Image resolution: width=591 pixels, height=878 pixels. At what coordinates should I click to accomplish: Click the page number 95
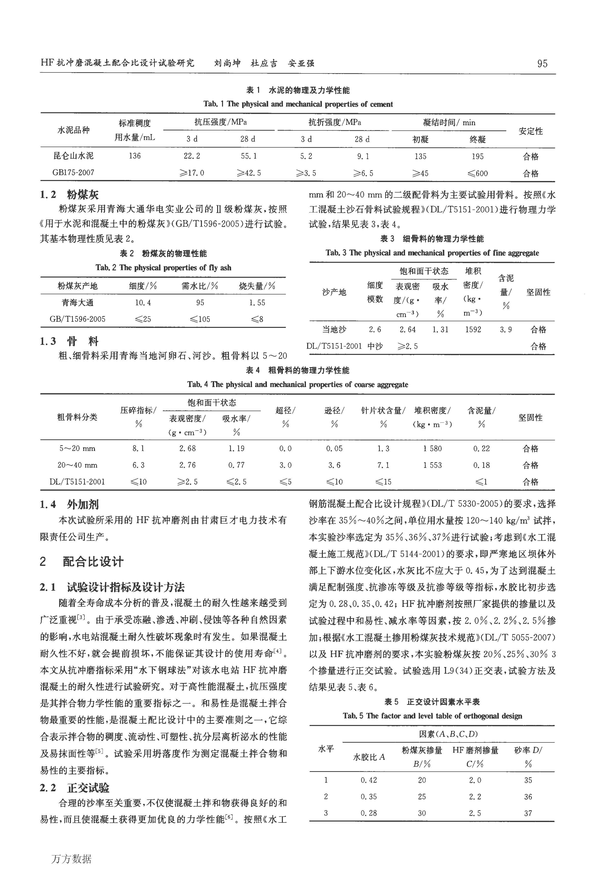pyautogui.click(x=542, y=63)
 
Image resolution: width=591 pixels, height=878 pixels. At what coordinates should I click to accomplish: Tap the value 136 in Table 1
pyautogui.click(x=134, y=156)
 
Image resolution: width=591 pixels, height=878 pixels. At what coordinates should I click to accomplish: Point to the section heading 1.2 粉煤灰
pyautogui.click(x=69, y=195)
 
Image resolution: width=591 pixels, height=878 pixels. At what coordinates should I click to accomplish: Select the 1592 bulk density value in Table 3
pyautogui.click(x=473, y=329)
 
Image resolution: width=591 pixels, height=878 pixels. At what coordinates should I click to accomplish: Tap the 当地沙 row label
pyautogui.click(x=334, y=329)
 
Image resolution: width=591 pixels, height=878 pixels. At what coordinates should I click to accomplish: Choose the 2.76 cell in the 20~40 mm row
pyautogui.click(x=187, y=465)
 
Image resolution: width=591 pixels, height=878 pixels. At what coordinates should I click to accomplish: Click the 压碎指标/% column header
pyautogui.click(x=138, y=417)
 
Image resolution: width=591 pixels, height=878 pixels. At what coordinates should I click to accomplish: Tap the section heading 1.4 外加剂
pyautogui.click(x=69, y=504)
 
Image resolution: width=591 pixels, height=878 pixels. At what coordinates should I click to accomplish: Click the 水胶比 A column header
pyautogui.click(x=369, y=757)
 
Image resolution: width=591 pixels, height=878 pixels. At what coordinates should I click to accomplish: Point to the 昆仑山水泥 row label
pyautogui.click(x=74, y=156)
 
